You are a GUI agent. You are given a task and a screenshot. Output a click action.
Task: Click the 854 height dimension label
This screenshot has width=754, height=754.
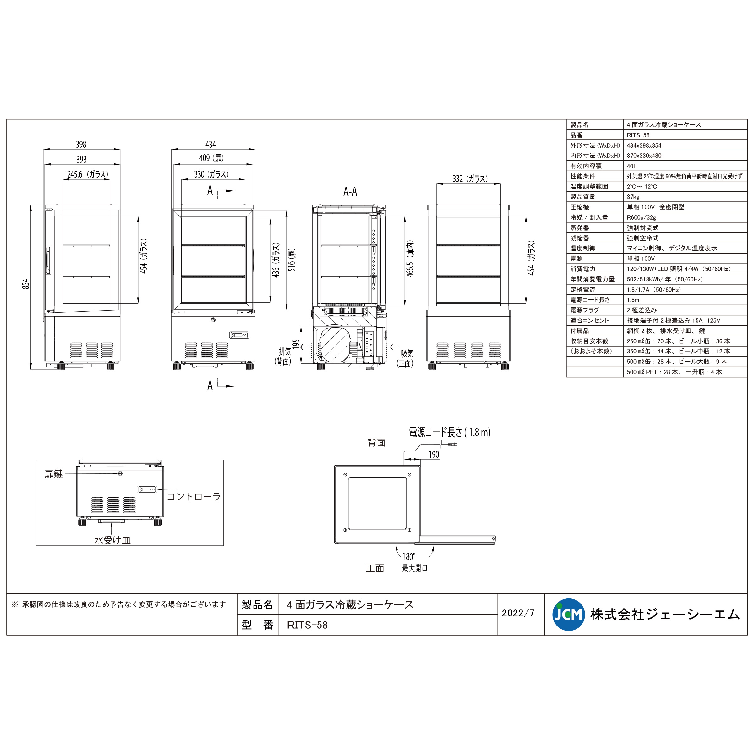(26, 284)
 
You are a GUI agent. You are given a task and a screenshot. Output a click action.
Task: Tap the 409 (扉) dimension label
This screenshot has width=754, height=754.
(211, 158)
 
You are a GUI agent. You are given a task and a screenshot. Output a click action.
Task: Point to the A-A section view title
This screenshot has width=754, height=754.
(350, 192)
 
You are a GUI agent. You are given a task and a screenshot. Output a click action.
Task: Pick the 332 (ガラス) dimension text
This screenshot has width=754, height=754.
(470, 179)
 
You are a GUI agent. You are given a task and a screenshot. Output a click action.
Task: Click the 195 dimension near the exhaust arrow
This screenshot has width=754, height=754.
(296, 344)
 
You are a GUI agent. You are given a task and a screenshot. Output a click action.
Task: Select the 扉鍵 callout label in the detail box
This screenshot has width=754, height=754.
(53, 474)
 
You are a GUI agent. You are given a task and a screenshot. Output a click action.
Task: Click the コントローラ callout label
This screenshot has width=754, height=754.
(194, 496)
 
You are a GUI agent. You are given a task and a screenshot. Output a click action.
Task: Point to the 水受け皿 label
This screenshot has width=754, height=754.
(112, 540)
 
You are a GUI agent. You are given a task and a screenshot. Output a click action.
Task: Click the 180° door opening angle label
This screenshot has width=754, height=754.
(409, 556)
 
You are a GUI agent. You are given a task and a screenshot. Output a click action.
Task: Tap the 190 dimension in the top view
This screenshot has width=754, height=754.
(434, 455)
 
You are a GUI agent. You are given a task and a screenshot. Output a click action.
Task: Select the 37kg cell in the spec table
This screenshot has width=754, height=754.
(633, 197)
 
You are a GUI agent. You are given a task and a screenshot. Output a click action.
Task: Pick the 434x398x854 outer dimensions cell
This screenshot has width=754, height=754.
(644, 145)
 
